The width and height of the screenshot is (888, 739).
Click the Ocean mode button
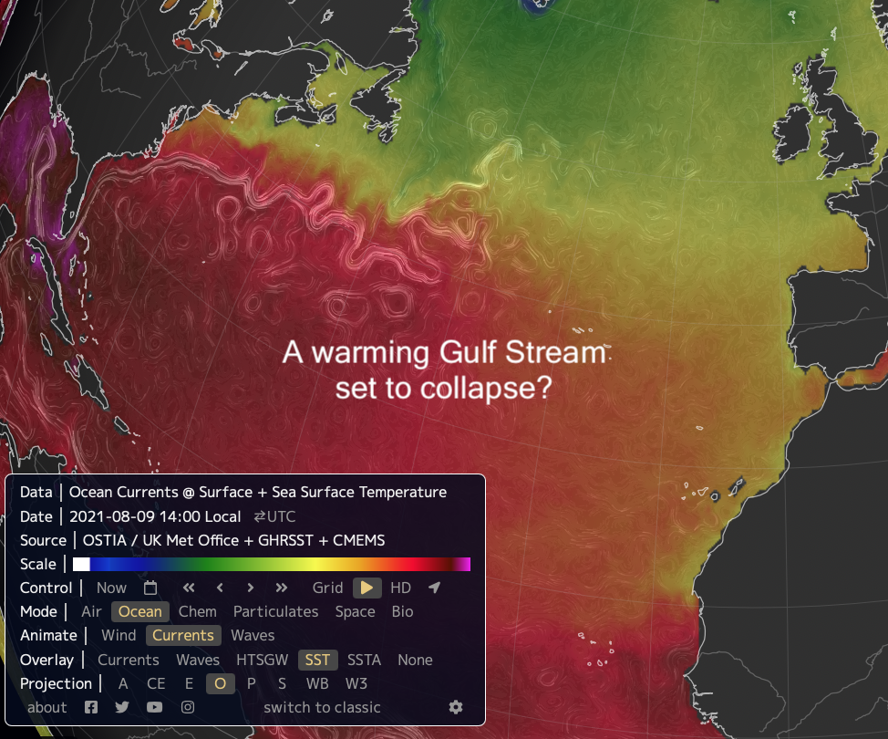140,612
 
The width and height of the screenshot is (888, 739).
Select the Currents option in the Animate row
183,636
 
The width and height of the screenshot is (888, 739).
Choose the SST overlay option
318,660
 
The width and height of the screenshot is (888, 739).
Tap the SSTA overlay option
365,660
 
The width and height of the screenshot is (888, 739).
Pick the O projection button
220,683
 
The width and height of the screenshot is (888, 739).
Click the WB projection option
317,683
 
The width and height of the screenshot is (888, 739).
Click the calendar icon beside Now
150,588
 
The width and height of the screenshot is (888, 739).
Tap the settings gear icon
456,707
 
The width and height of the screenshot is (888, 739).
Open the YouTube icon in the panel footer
155,707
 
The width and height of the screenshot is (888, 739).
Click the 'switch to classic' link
322,707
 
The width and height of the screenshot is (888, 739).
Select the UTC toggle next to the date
274,516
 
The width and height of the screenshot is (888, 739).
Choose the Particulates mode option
275,612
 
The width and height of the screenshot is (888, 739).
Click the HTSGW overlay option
262,660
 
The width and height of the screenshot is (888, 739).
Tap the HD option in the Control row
400,588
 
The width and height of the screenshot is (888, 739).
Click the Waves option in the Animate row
253,636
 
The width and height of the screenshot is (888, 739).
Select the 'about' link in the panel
47,707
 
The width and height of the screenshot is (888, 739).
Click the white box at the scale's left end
81,565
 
